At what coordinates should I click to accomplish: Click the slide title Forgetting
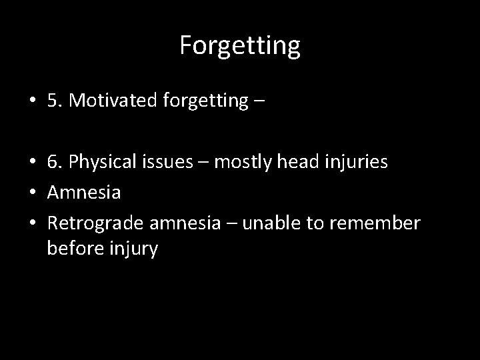(240, 45)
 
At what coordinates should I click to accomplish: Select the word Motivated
(111, 101)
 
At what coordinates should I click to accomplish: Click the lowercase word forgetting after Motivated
(203, 101)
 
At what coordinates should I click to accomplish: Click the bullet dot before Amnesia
(32, 193)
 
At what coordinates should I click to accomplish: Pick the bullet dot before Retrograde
(32, 224)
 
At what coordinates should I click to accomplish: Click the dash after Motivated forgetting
(259, 102)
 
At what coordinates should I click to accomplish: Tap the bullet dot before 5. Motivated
(32, 101)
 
